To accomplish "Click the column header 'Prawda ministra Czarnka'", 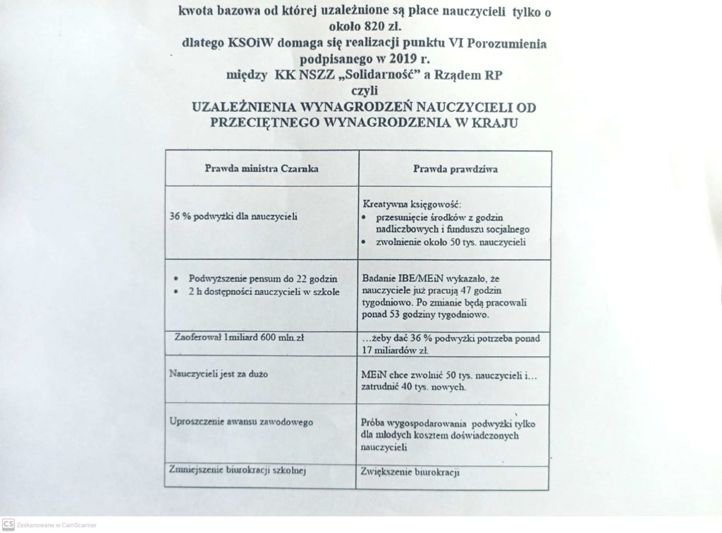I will pos(261,169).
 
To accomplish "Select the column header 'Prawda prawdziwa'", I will pos(452,169).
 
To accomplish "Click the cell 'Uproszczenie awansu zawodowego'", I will pos(241,422).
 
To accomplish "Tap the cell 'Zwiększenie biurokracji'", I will pos(409,472).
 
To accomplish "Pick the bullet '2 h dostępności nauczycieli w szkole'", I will pos(264,291).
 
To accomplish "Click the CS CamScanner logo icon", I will pos(8,524).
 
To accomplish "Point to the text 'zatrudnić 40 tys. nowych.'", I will pos(413,387).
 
